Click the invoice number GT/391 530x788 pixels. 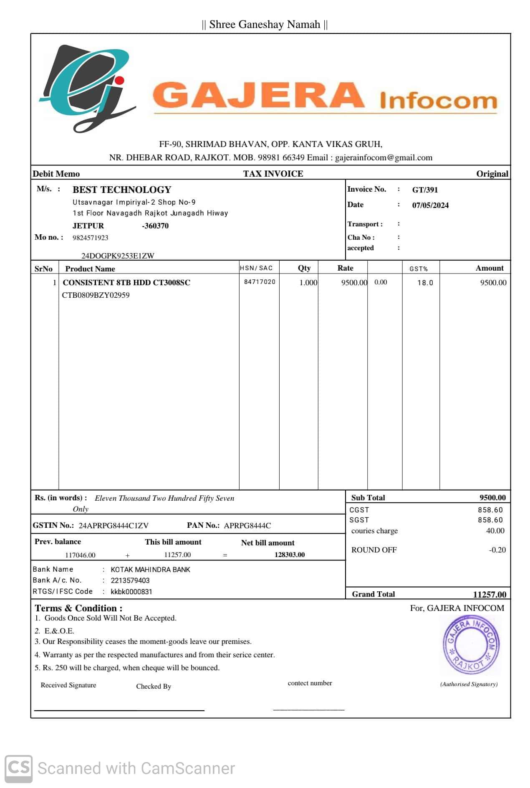point(425,190)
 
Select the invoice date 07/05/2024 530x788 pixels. point(430,205)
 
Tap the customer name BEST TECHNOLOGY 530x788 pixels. point(122,190)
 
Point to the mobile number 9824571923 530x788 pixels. point(91,238)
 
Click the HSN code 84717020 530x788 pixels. point(260,282)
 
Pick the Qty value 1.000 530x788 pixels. point(308,283)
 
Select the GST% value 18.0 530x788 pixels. point(425,283)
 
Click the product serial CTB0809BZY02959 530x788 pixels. point(96,295)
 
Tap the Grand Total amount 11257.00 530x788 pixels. point(490,595)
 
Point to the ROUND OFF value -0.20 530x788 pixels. point(497,550)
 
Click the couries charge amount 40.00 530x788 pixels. point(495,531)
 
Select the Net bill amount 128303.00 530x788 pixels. point(290,555)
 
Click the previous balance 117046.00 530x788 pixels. point(80,555)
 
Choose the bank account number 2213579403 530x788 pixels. point(130,581)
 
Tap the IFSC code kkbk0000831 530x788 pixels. point(131,592)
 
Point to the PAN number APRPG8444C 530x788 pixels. point(247,526)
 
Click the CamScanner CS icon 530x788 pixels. point(18,768)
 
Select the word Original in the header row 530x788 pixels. point(492,174)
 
